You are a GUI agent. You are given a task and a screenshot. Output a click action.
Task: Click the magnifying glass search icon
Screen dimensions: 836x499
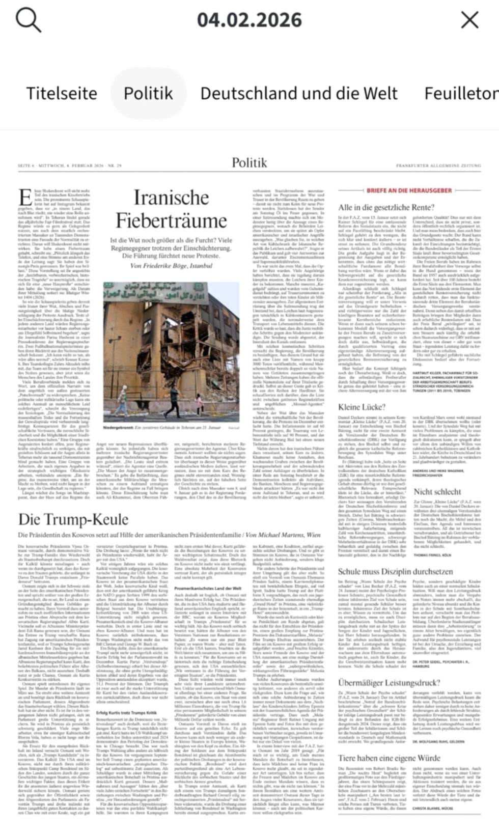pyautogui.click(x=28, y=20)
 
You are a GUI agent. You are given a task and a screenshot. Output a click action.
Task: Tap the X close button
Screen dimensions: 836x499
pyautogui.click(x=469, y=20)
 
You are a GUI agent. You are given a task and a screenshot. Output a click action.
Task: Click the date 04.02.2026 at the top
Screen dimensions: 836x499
pyautogui.click(x=249, y=20)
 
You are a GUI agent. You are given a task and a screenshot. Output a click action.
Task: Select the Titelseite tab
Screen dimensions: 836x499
pyautogui.click(x=62, y=93)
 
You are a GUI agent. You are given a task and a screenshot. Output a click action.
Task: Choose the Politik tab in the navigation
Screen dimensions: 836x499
pyautogui.click(x=148, y=93)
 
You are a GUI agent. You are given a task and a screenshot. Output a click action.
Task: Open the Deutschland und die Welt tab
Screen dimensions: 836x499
pyautogui.click(x=299, y=93)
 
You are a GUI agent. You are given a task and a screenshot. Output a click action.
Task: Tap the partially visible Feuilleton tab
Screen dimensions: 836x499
pyautogui.click(x=461, y=93)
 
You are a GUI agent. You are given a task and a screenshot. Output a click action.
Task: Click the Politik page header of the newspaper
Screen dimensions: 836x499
pyautogui.click(x=249, y=162)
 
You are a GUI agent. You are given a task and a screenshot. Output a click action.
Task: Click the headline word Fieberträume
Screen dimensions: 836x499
pyautogui.click(x=171, y=220)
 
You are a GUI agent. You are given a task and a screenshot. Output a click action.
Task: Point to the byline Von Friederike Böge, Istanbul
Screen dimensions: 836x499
pyautogui.click(x=171, y=266)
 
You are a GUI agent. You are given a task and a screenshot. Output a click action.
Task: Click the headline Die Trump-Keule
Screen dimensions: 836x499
pyautogui.click(x=73, y=519)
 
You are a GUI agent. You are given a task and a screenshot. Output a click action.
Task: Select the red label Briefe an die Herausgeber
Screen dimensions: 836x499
pyautogui.click(x=409, y=190)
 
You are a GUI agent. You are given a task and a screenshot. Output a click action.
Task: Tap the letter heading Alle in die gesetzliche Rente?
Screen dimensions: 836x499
pyautogui.click(x=386, y=207)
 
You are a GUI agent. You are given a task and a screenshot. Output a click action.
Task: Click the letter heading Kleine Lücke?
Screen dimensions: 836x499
pyautogui.click(x=362, y=407)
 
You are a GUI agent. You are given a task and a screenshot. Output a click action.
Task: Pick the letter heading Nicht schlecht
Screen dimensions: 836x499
pyautogui.click(x=437, y=491)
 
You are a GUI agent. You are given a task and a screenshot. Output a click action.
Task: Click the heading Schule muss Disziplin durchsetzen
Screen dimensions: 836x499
pyautogui.click(x=395, y=571)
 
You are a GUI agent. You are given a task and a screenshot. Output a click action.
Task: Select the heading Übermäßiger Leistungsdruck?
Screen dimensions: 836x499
pyautogui.click(x=389, y=682)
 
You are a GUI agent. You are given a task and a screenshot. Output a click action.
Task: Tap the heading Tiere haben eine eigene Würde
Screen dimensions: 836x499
pyautogui.click(x=389, y=758)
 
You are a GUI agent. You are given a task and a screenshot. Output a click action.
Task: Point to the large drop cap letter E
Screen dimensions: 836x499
pyautogui.click(x=25, y=198)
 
